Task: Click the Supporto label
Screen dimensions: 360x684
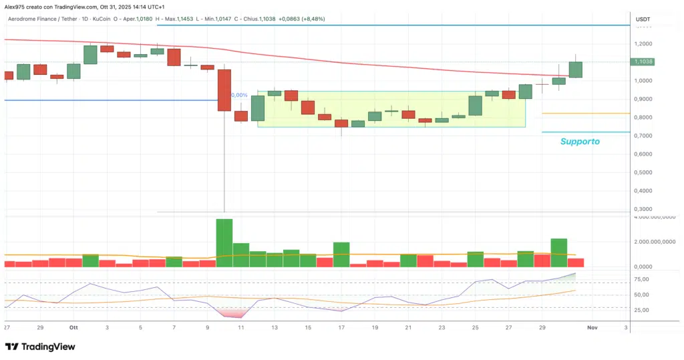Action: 580,142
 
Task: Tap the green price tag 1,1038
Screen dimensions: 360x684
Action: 646,61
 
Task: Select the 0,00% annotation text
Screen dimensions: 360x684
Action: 238,95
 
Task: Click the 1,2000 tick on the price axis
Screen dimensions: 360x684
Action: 645,43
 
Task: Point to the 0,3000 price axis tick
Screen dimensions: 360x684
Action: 645,209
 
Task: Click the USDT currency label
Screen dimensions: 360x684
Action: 643,19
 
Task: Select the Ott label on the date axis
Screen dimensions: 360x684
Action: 73,328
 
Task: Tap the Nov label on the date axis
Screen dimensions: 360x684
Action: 591,328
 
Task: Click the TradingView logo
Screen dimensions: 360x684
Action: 40,347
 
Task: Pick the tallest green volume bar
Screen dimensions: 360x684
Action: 224,242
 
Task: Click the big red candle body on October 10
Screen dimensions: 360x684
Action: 224,89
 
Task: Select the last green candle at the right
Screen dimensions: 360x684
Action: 575,69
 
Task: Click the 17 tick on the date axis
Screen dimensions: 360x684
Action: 341,328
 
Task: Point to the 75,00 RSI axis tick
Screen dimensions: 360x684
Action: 643,280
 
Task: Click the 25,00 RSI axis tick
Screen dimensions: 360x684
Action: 643,311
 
